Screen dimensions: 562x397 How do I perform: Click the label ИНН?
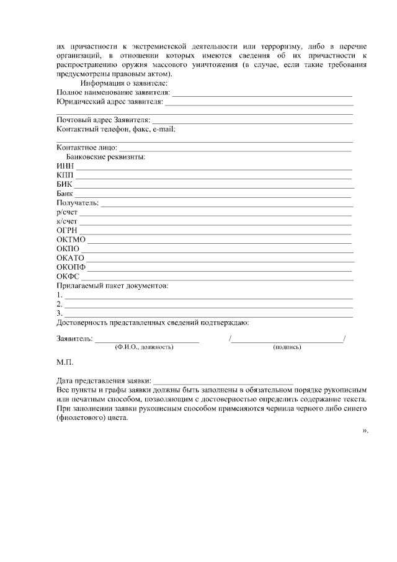click(65, 166)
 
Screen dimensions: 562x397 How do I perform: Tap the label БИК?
click(65, 184)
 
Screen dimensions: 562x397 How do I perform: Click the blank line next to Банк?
click(213, 196)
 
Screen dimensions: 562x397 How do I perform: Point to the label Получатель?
click(78, 203)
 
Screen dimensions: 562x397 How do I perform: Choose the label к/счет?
click(67, 221)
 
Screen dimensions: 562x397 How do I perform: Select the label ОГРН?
click(67, 230)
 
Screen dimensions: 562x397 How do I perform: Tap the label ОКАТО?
click(70, 257)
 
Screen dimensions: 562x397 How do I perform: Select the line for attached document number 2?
click(209, 306)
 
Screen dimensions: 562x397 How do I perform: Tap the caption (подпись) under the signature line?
click(287, 347)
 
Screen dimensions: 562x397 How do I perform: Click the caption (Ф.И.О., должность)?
click(144, 347)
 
